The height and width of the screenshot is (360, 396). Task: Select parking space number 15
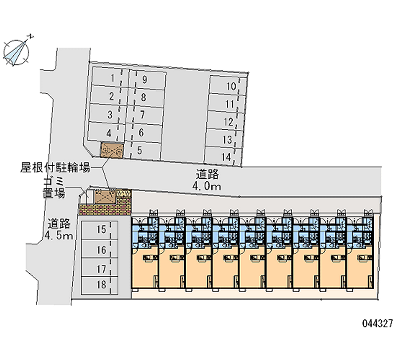(x=100, y=229)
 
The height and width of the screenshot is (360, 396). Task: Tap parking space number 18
(x=100, y=284)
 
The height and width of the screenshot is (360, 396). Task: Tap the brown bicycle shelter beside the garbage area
(x=105, y=197)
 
